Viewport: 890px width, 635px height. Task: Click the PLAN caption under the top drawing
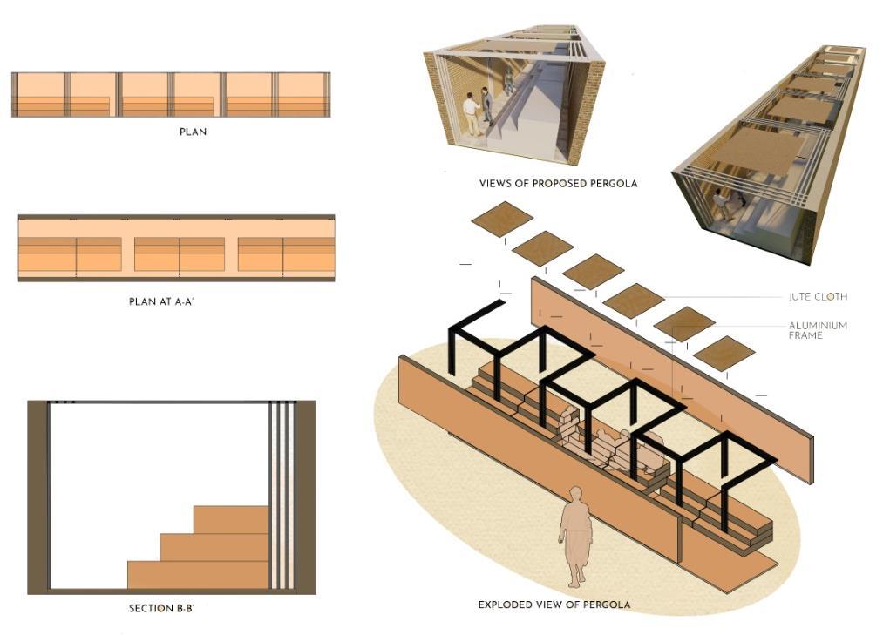click(192, 132)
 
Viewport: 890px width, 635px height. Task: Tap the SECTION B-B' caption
click(161, 608)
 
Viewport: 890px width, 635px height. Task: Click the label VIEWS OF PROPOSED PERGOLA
click(558, 184)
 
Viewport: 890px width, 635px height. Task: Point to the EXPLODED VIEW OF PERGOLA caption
click(554, 605)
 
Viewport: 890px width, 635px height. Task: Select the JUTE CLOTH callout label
click(817, 297)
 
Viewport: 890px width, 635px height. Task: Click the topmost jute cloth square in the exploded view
click(502, 218)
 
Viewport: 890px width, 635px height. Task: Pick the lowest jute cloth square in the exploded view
click(724, 353)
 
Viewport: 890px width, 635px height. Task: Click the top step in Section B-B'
click(230, 519)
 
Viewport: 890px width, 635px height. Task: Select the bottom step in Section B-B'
click(197, 574)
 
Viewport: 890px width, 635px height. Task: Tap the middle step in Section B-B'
click(214, 547)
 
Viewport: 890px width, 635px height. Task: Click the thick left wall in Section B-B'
click(37, 497)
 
